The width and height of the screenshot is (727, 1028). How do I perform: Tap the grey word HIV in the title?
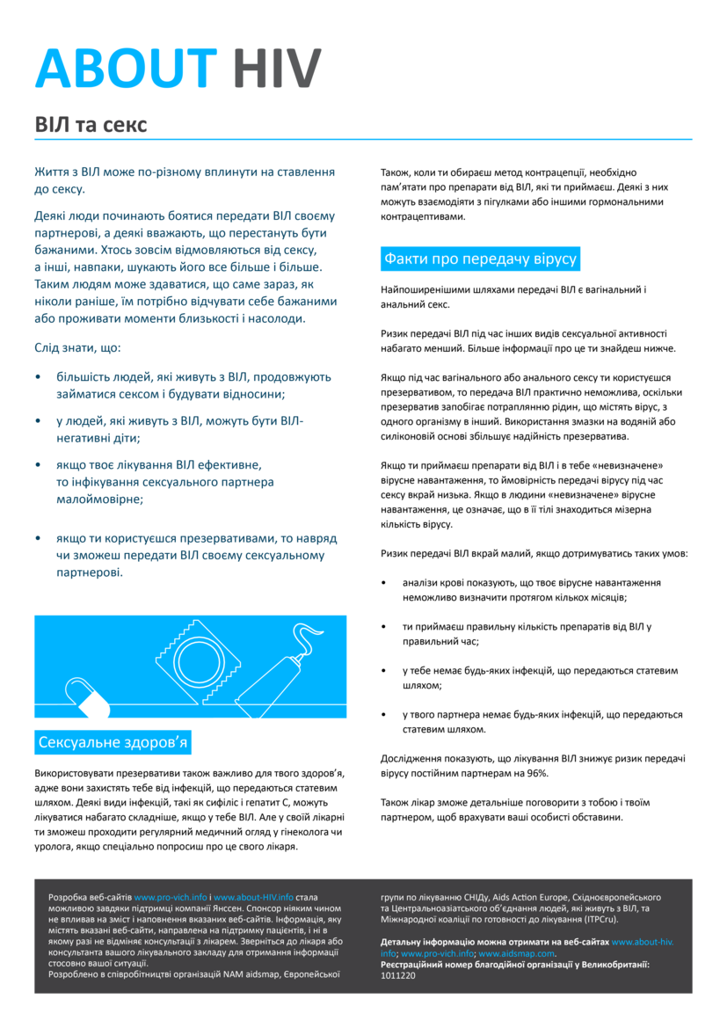(x=278, y=68)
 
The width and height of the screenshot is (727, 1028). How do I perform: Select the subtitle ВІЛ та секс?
(x=91, y=124)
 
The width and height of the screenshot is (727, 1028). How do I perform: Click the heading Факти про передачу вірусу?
(x=480, y=259)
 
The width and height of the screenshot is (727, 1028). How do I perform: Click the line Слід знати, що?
(x=77, y=347)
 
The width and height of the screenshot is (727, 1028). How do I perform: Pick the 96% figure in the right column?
(x=537, y=773)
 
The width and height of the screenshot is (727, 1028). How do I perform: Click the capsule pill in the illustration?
(x=81, y=698)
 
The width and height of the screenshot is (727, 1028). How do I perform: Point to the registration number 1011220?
(x=398, y=976)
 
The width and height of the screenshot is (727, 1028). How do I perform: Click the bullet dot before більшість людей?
(x=38, y=377)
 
